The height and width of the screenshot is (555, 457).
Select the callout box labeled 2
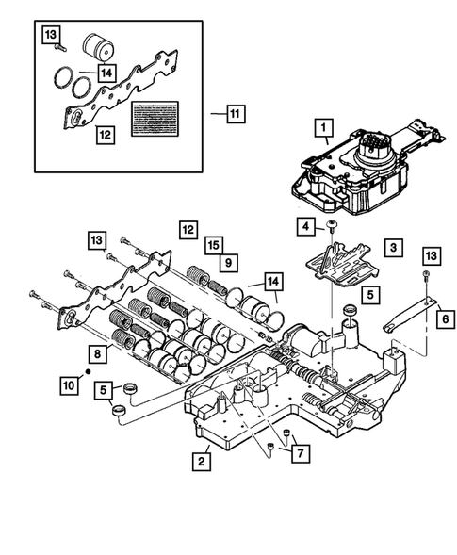click(x=200, y=461)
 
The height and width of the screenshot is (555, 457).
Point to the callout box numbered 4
click(x=307, y=226)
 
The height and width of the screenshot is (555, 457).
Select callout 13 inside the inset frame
click(x=52, y=35)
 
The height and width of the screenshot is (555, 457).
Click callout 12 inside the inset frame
click(x=106, y=134)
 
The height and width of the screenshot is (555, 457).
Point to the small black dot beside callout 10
click(x=88, y=373)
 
